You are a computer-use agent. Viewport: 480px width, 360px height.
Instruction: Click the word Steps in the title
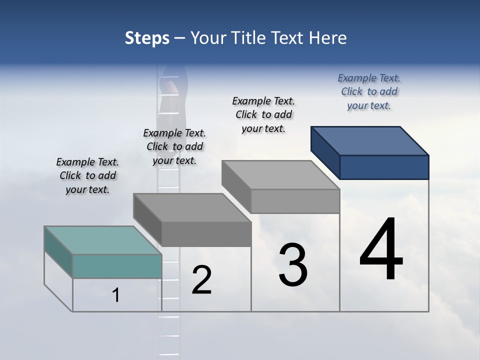[x=147, y=38]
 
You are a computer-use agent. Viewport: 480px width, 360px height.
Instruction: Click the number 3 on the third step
[x=293, y=265]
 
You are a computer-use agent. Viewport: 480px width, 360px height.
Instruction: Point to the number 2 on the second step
[x=201, y=280]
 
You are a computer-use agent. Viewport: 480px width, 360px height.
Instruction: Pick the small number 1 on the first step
[x=116, y=295]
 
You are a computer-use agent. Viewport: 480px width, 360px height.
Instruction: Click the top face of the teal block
[x=102, y=240]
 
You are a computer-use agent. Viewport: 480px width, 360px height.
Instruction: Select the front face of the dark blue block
[x=384, y=167]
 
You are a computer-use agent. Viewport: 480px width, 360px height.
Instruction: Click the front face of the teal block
[x=117, y=266]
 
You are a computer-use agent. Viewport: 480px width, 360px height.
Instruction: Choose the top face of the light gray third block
[x=280, y=175]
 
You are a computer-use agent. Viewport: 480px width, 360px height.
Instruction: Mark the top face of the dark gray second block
[x=192, y=207]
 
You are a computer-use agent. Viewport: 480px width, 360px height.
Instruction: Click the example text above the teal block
[x=87, y=176]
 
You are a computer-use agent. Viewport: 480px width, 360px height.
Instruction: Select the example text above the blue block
[x=369, y=92]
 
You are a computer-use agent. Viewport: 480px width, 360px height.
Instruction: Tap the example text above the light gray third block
[x=263, y=115]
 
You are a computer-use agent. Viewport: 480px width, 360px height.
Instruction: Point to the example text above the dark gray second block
[x=174, y=147]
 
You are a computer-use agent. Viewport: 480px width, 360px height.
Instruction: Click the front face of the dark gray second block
[x=206, y=234]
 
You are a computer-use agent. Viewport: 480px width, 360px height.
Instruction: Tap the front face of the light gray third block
[x=295, y=201]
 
